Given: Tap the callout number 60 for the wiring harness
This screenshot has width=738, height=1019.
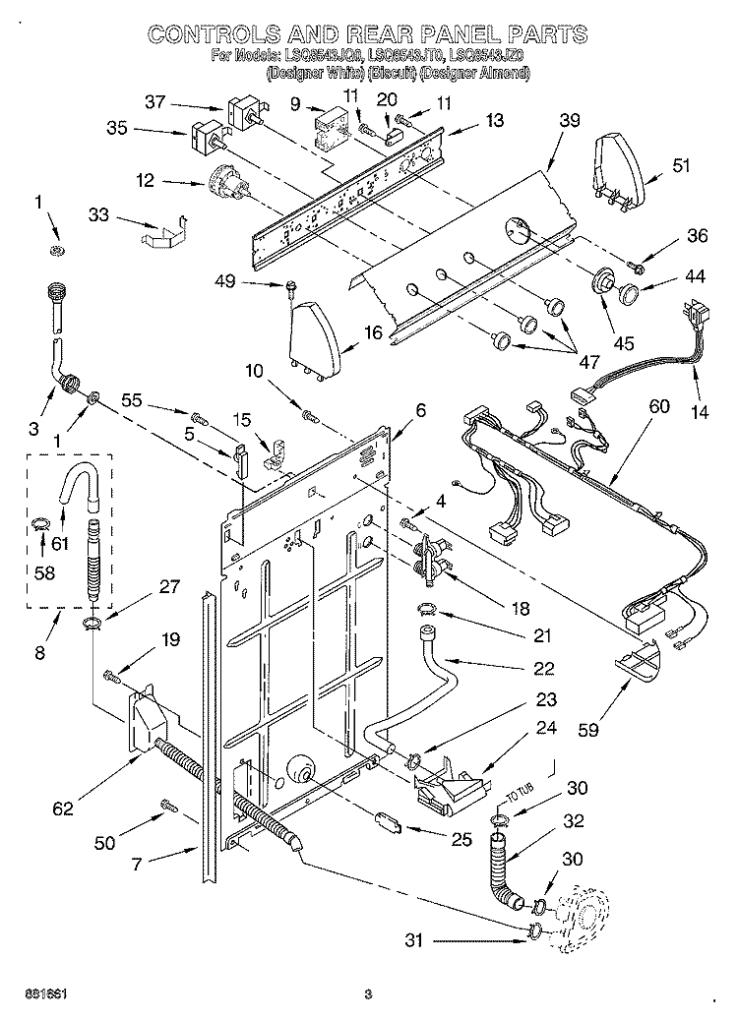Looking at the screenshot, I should pos(658,406).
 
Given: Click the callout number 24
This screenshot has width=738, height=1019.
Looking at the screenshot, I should pos(545,729).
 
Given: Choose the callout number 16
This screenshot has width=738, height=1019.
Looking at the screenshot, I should pos(373,332).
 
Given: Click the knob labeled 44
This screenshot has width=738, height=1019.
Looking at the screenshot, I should pos(627,290).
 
